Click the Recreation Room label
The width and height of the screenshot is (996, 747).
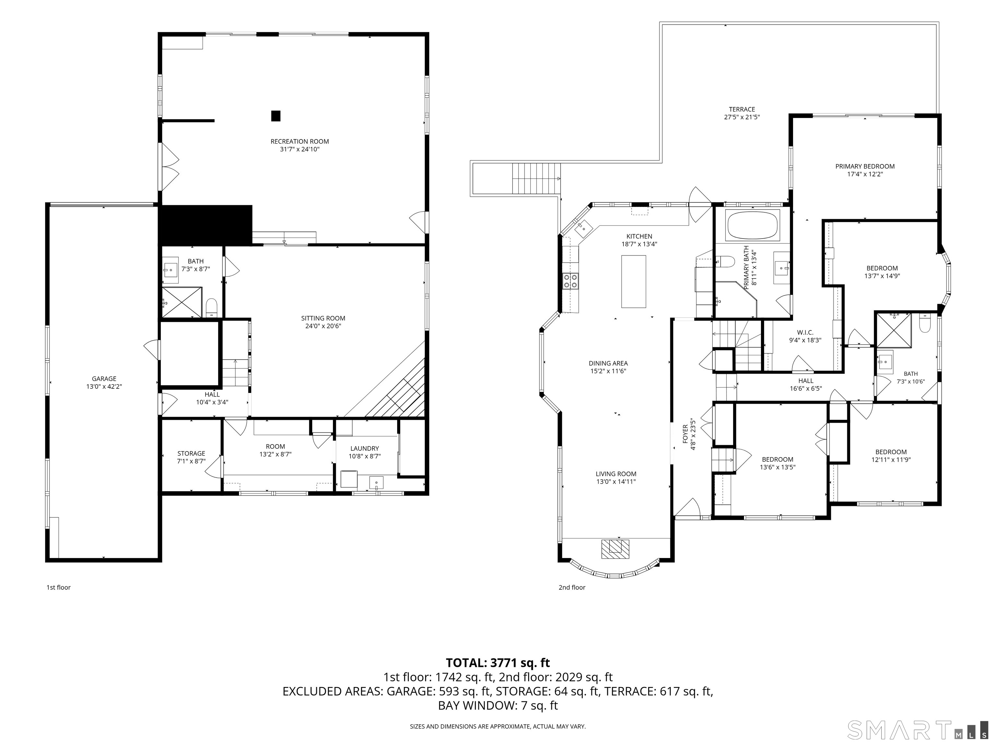tap(300, 141)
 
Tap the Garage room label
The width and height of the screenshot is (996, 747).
tap(104, 379)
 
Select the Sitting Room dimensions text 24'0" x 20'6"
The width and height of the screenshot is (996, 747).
tap(323, 326)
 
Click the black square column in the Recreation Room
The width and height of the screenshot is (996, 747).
tap(276, 116)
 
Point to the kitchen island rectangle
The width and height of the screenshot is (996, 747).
tap(634, 281)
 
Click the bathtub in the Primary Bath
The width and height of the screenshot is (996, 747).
tap(753, 225)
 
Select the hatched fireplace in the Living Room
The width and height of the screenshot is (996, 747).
tap(615, 549)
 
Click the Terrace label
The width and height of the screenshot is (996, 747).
tap(741, 109)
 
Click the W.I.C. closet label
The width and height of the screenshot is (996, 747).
tap(805, 333)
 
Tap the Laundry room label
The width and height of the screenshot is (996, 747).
tap(364, 448)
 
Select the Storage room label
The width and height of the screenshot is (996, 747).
tap(191, 454)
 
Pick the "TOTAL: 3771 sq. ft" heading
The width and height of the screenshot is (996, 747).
tap(498, 663)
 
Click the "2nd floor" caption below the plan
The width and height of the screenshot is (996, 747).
tap(572, 587)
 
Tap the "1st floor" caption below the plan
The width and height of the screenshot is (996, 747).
tap(59, 587)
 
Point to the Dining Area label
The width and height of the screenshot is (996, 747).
tap(608, 363)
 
